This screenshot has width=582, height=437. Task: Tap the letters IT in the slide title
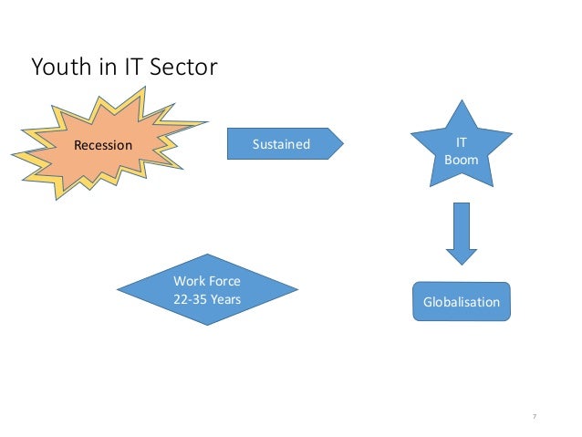point(128,68)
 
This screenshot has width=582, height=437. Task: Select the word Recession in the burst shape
point(103,145)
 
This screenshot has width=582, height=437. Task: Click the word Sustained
point(280,144)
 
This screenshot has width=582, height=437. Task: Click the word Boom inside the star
point(461,161)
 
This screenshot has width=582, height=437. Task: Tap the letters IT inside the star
point(462,144)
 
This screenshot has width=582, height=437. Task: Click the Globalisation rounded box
point(462,302)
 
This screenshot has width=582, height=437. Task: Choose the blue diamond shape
point(207,289)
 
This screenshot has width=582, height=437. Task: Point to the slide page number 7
point(534,416)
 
